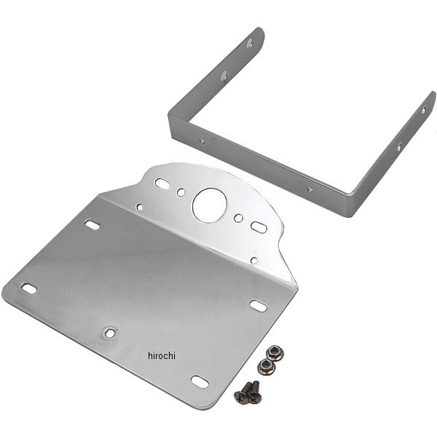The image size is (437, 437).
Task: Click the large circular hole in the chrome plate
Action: pos(209,205)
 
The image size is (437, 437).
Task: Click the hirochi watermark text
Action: pos(162,356)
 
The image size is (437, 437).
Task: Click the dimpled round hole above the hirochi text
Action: pos(109,333)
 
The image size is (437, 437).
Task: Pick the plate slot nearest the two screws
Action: pos(200,382)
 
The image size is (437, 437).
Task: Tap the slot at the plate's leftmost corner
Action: pos(29,288)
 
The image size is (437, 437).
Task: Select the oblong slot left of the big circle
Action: pos(162,184)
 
